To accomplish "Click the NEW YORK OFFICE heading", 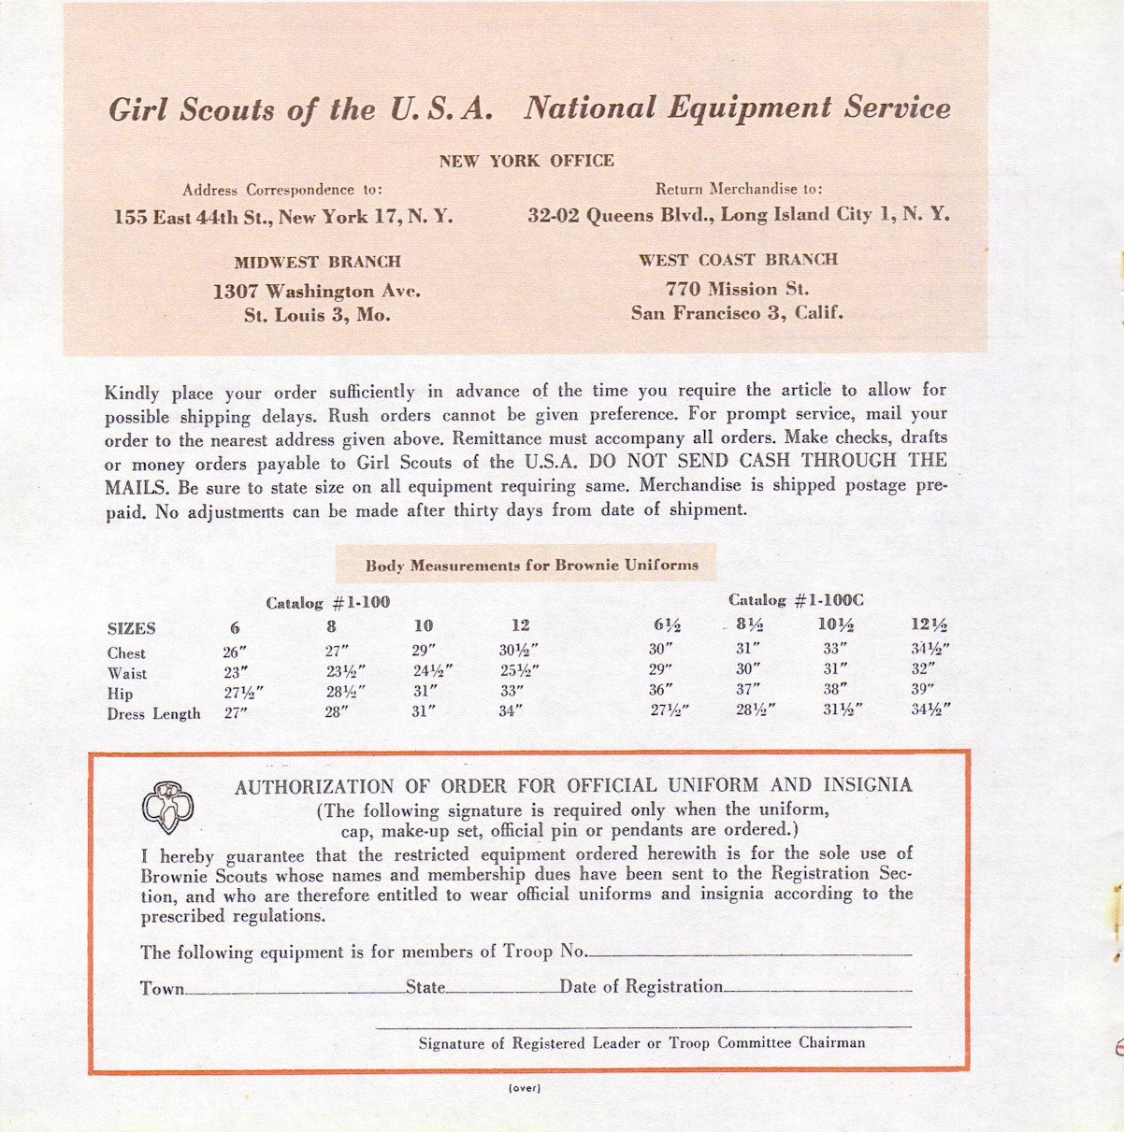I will [526, 161].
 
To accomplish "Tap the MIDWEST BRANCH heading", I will [317, 262].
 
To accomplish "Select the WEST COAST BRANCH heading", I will [738, 260].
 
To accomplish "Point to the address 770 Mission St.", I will [737, 289].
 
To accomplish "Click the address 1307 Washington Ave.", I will [317, 291].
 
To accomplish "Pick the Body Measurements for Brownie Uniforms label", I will [531, 565].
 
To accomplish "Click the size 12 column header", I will [521, 625].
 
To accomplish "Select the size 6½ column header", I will [668, 625].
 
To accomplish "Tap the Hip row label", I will [120, 694].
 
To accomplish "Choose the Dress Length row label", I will [153, 714].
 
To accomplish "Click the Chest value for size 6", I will [234, 652].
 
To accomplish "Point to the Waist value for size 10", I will [432, 670].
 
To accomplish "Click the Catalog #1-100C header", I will [795, 600].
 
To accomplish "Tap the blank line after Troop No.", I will [749, 953].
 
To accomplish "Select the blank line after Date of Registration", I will [817, 989].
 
